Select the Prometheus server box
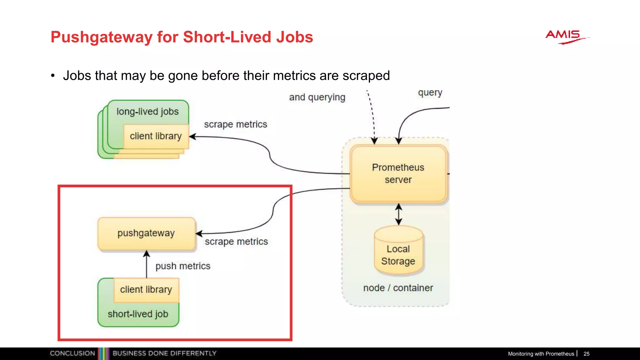[398, 174]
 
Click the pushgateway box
[146, 233]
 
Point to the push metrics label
[183, 266]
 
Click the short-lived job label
[138, 314]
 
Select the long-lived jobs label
[147, 112]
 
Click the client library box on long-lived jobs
[156, 136]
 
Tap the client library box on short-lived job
[146, 290]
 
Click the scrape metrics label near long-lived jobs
[236, 124]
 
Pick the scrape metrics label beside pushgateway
[236, 242]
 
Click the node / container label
[398, 288]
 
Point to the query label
[430, 93]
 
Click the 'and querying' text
[317, 97]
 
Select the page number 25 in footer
[586, 354]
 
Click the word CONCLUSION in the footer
[72, 353]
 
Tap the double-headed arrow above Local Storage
[398, 214]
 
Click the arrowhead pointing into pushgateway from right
[199, 233]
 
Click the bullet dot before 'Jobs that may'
[53, 76]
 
